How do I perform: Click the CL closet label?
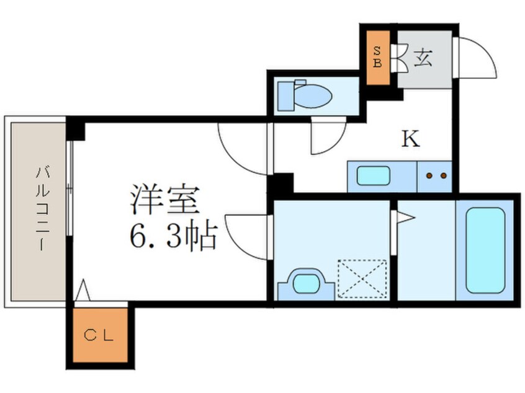click(99, 337)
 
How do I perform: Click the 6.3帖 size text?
click(173, 236)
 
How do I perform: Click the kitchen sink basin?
click(374, 176)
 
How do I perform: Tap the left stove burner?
click(430, 175)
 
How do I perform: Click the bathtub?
click(485, 250)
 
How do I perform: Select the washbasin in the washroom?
click(305, 285)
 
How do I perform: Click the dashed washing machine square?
click(362, 280)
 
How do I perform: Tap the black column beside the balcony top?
click(76, 130)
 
